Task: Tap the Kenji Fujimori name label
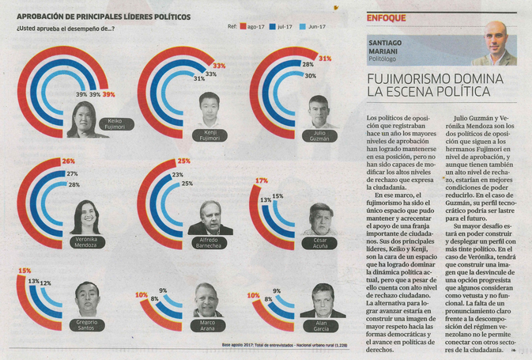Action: tap(209, 136)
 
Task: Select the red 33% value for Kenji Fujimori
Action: tap(219, 66)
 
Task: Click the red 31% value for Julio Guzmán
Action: tap(324, 59)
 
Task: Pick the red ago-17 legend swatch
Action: tap(243, 26)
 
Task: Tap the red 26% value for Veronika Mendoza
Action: tap(68, 161)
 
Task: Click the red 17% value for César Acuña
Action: tap(262, 181)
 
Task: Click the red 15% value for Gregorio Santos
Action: tap(25, 271)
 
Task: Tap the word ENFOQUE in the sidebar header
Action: tap(387, 17)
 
